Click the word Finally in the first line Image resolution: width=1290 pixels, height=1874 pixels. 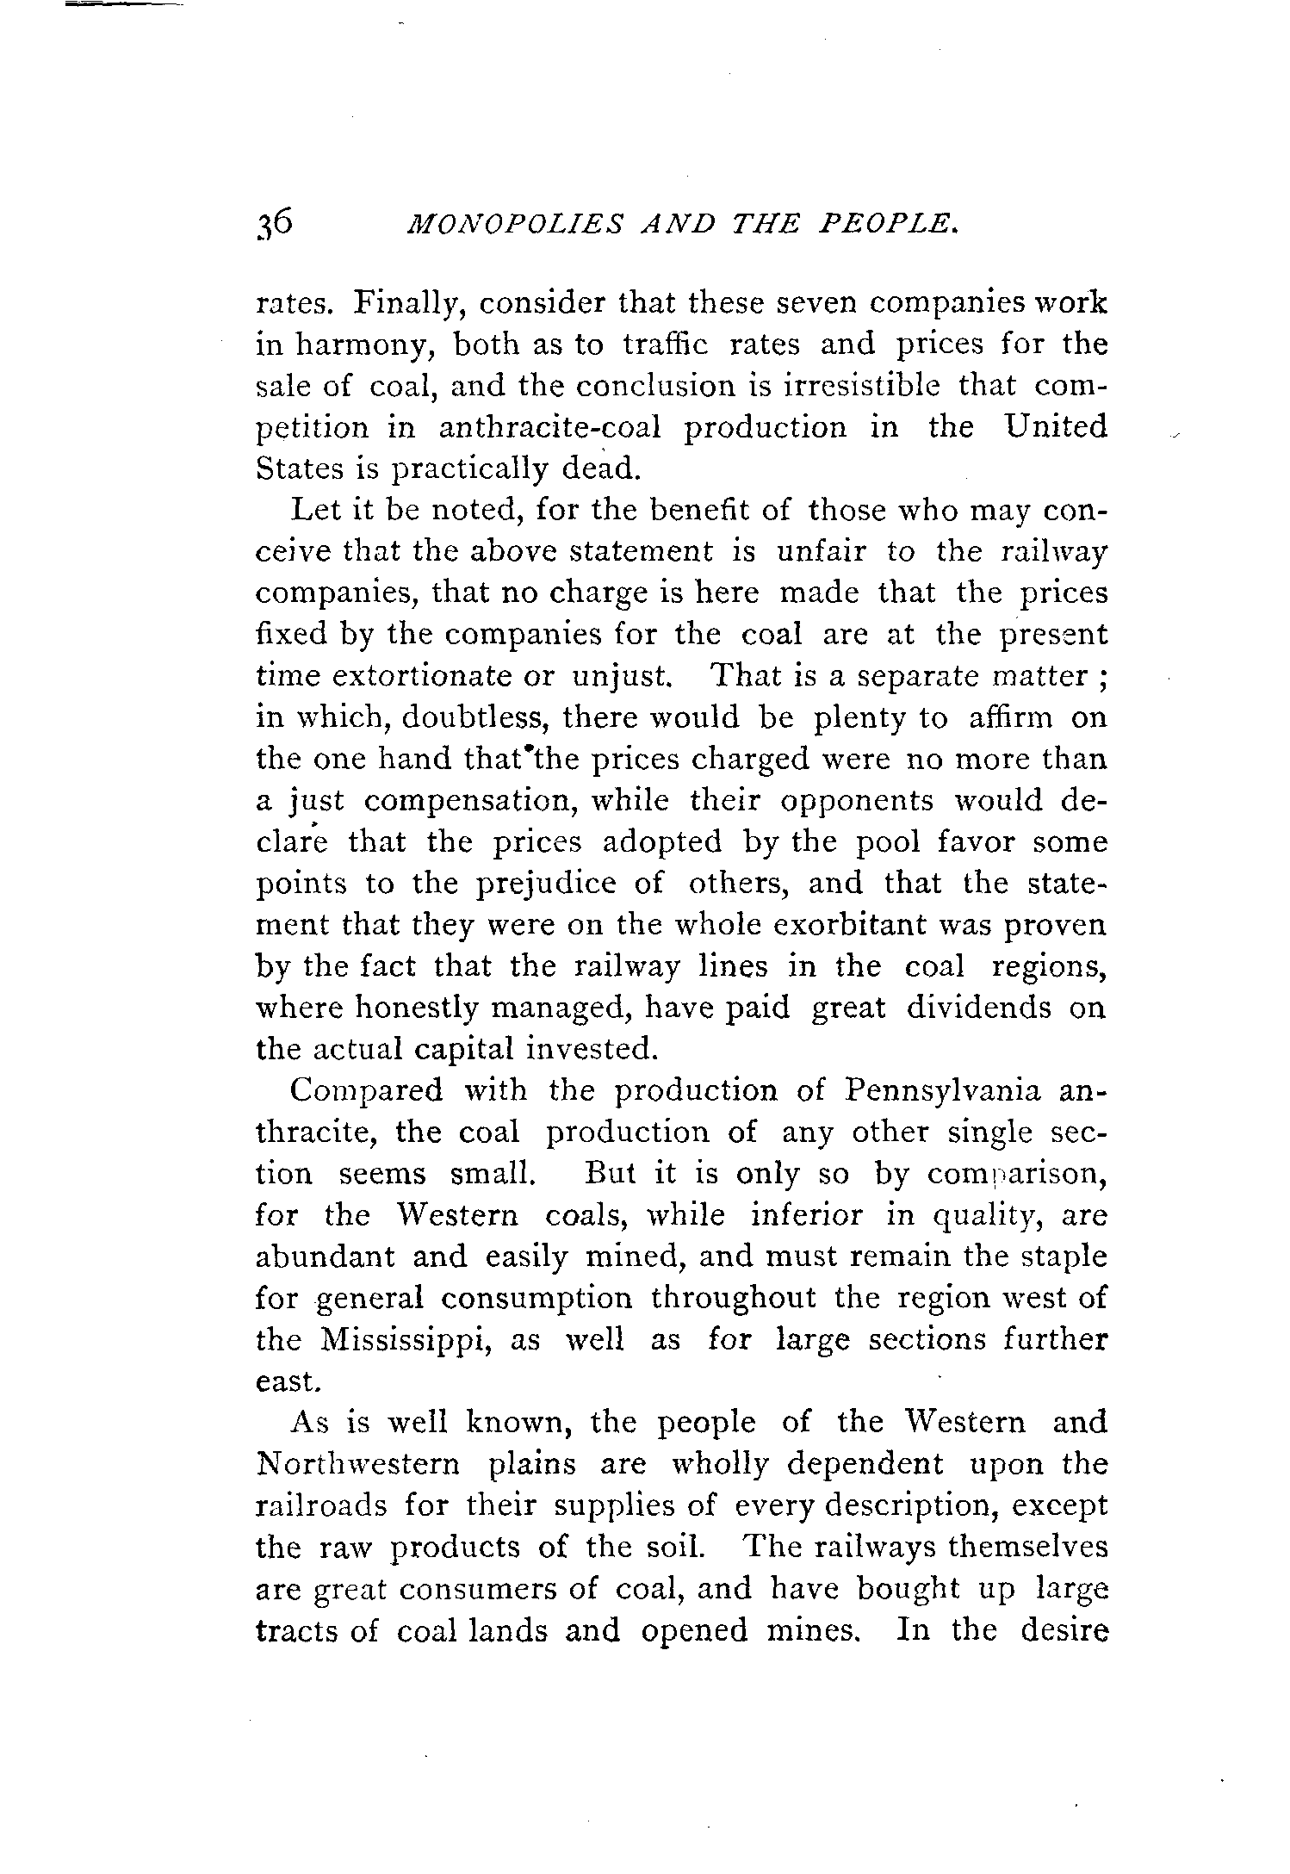406,304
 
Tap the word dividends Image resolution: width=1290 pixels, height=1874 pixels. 978,1008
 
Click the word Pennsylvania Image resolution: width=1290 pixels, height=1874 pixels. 942,1091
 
